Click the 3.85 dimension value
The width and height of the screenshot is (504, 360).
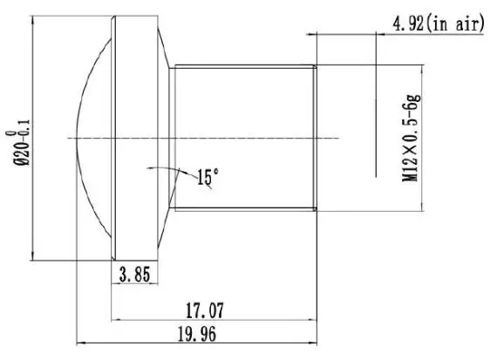coord(134,275)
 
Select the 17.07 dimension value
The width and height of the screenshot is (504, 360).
coord(205,310)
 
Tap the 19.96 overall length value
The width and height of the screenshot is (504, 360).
coord(197,334)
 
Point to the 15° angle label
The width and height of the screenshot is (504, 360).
coord(208,177)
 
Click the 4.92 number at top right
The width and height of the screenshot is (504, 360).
coord(408,24)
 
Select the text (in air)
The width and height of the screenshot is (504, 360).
coord(454,24)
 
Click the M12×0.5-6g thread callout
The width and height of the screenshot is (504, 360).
coord(411,139)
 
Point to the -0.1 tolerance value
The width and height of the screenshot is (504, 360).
coord(25,130)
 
